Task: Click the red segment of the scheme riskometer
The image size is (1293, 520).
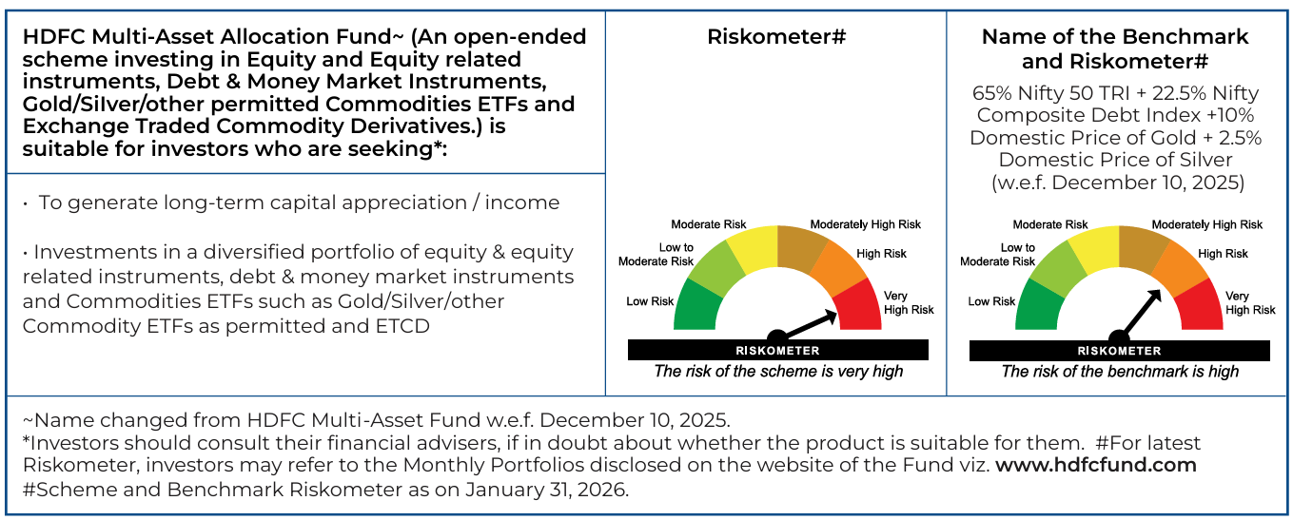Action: point(860,306)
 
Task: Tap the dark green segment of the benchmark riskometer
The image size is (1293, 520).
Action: point(1038,306)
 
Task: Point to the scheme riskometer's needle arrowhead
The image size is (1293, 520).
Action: point(831,316)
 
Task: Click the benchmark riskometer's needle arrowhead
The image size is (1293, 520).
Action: point(1154,297)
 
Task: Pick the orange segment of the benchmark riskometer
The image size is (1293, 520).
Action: point(1179,268)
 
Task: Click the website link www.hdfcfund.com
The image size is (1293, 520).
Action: point(1096,465)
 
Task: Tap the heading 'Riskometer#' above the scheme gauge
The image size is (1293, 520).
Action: point(776,36)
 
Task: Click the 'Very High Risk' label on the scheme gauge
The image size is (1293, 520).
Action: point(909,302)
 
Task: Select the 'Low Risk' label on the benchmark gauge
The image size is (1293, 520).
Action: point(991,301)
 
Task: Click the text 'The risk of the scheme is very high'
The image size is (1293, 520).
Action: point(778,372)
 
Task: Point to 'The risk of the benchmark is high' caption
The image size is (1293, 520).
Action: point(1120,372)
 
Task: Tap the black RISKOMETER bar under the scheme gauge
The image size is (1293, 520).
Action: point(778,350)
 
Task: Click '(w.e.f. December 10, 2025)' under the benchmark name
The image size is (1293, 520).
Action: point(1118,183)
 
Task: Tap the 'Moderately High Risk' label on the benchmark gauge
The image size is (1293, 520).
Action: point(1207,225)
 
